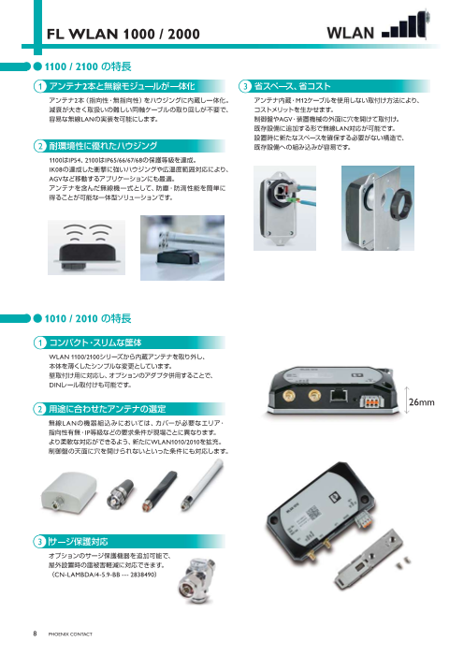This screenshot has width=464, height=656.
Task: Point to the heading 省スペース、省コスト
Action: (x=299, y=86)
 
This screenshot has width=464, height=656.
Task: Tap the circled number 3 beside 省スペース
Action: (x=244, y=86)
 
